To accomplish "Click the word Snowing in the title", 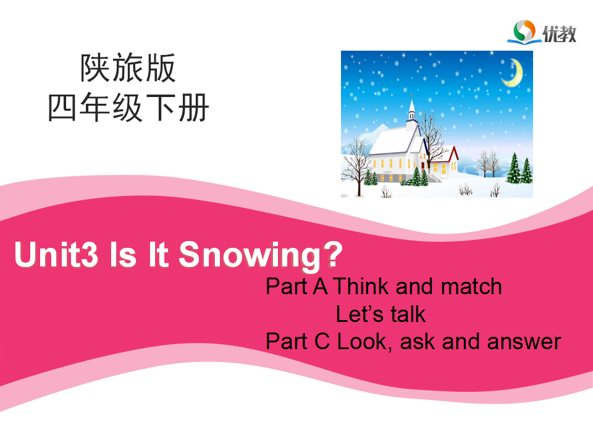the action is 250,255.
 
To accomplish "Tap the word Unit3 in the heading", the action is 56,254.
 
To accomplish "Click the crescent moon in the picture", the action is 513,73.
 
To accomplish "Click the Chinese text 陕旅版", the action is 128,68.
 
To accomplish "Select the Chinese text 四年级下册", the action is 128,108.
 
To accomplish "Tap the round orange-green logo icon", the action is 524,31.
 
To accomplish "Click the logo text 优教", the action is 560,33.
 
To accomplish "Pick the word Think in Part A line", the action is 361,286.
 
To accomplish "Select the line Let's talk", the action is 381,314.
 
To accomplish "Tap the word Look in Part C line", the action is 362,342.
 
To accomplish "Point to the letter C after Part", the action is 322,341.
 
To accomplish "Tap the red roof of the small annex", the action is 451,155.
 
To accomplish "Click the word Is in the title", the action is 122,254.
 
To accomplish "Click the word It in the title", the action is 158,254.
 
